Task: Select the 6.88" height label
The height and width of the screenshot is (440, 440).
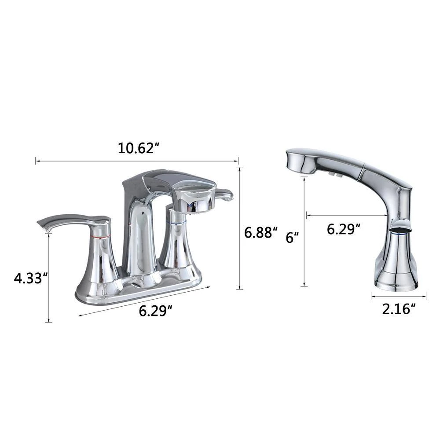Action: pyautogui.click(x=261, y=232)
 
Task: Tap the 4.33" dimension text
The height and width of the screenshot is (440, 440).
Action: pyautogui.click(x=30, y=278)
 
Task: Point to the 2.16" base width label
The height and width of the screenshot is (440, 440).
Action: pyautogui.click(x=399, y=309)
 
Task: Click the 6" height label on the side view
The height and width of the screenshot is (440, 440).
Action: pyautogui.click(x=292, y=238)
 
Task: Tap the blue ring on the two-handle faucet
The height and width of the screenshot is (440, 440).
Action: pyautogui.click(x=175, y=224)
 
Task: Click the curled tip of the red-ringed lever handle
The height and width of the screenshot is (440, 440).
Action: pyautogui.click(x=44, y=227)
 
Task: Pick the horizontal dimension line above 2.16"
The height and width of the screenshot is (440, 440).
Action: pyautogui.click(x=399, y=297)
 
